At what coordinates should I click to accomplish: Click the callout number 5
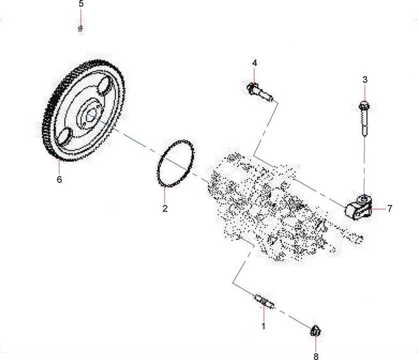tap(81, 4)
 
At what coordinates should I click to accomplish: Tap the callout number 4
tap(254, 63)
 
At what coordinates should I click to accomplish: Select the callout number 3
tap(365, 80)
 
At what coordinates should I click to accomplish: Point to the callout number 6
tap(59, 180)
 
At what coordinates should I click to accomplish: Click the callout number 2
tap(164, 208)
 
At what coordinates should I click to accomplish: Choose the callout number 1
tap(263, 325)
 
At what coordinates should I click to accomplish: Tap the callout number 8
tap(316, 356)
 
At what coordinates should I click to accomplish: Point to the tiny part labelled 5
tap(81, 28)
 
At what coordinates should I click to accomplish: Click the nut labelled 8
tap(315, 331)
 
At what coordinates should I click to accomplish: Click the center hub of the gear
tap(88, 116)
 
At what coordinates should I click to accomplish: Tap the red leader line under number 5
tap(81, 17)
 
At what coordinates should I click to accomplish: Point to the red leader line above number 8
tap(316, 344)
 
